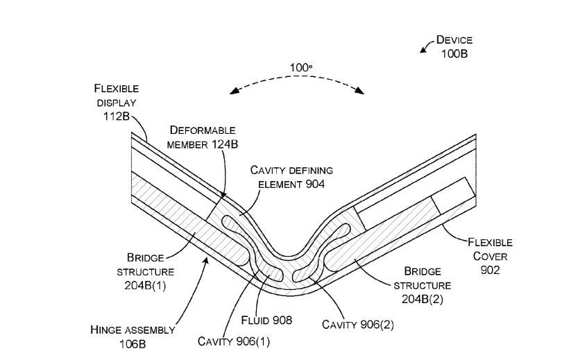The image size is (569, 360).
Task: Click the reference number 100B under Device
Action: point(454,54)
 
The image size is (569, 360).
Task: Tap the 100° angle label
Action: point(300,68)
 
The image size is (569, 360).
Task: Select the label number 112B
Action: point(116,117)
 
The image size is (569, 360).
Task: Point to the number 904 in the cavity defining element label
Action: point(315,185)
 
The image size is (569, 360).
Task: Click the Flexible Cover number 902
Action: point(490,270)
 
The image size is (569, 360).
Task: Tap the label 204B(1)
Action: point(145,286)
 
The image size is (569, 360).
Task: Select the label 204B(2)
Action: point(423,299)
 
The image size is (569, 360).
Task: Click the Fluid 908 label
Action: point(266,320)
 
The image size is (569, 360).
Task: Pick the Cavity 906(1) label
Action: point(234,341)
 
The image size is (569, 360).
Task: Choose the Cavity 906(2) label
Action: point(358,325)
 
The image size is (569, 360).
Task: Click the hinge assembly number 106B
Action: point(133,344)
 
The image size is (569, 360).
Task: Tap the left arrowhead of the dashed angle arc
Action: point(234,91)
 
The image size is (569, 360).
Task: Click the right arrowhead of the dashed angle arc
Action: point(359,90)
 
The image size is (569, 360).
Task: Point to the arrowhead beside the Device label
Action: point(423,50)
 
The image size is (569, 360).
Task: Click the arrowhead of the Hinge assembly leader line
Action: point(207,260)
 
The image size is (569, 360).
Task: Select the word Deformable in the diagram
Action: point(203,130)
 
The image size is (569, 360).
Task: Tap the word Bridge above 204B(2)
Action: point(423,271)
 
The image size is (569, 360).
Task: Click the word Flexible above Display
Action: point(116,89)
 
